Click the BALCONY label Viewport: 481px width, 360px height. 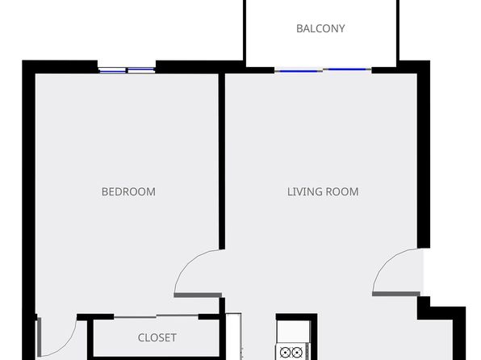(320, 28)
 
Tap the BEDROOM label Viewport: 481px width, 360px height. (128, 192)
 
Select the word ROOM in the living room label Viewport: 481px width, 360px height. (341, 192)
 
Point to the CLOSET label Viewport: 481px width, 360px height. (157, 338)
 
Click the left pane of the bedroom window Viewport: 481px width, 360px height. (112, 71)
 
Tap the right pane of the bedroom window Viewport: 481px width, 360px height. (140, 71)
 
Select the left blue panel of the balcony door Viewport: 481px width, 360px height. (299, 71)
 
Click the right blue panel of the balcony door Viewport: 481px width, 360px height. (347, 69)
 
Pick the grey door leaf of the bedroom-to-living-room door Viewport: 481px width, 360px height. (198, 295)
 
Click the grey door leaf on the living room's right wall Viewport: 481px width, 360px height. (396, 294)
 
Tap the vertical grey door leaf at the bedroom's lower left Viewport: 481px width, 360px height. (39, 337)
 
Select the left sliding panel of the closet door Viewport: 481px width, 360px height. (135, 316)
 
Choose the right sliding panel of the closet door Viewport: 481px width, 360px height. (178, 315)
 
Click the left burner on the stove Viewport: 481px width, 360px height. (285, 352)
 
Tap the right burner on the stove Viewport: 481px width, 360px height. (297, 352)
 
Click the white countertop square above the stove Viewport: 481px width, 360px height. (293, 332)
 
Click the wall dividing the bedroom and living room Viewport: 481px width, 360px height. (222, 161)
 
